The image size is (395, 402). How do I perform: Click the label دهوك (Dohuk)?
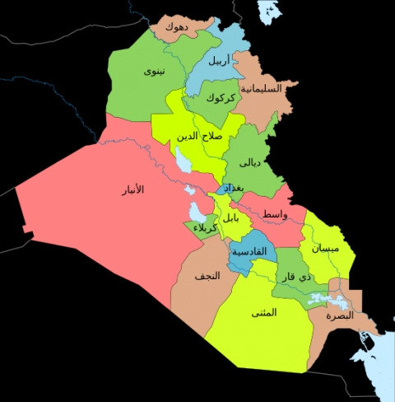[x=175, y=27]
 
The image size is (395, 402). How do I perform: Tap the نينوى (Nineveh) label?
[x=154, y=71]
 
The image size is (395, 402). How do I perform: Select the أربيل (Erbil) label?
[x=218, y=60]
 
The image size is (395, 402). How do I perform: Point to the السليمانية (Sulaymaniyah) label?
[x=261, y=87]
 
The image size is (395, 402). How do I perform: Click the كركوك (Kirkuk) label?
[x=221, y=98]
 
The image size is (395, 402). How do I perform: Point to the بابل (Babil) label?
[x=233, y=218]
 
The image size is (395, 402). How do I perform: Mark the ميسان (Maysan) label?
[x=326, y=247]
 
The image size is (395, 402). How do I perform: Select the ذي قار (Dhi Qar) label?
[x=300, y=278]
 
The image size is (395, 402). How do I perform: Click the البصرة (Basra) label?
[x=339, y=316]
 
